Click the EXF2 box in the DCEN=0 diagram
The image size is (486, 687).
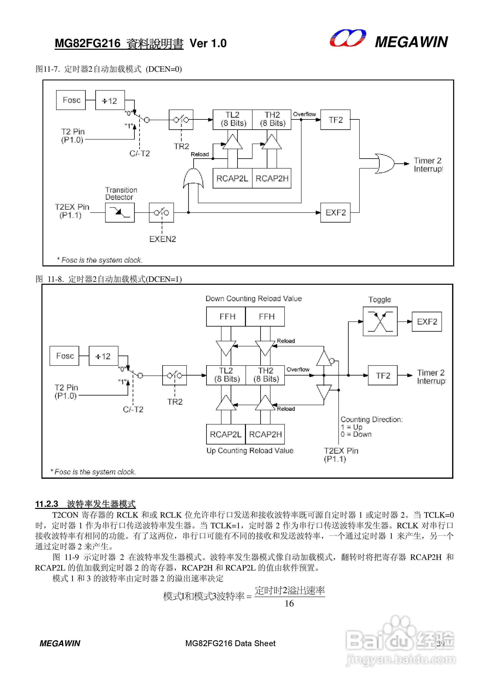click(335, 212)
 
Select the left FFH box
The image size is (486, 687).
click(226, 317)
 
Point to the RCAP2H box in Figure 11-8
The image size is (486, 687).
click(265, 434)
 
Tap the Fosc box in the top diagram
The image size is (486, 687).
click(71, 100)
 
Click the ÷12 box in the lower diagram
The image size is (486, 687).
click(103, 356)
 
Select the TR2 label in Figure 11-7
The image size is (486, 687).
click(181, 146)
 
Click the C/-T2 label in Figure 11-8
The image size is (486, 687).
click(133, 409)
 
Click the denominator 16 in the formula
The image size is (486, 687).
click(289, 604)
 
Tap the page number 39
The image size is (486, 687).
click(440, 644)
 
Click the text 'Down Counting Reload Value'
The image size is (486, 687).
click(253, 299)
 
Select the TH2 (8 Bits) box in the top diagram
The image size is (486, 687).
click(272, 119)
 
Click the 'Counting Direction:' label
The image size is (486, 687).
click(371, 420)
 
